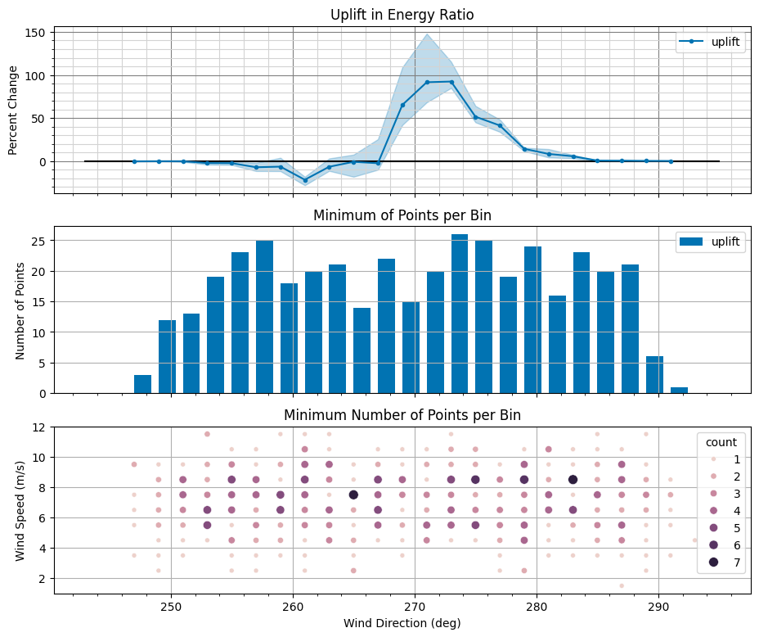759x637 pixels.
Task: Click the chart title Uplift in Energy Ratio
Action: coord(402,15)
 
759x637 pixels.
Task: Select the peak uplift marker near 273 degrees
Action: coord(451,82)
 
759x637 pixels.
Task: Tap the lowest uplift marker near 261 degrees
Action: coord(305,180)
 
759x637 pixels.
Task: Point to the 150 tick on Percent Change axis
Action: coord(38,33)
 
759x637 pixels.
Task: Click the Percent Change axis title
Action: coord(13,111)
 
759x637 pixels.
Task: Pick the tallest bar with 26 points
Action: coord(460,314)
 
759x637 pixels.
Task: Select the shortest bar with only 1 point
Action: coord(679,390)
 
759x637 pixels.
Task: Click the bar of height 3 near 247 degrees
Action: coord(142,384)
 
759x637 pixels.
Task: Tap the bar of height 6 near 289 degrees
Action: coord(654,375)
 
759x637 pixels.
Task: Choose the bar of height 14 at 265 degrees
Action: coord(362,350)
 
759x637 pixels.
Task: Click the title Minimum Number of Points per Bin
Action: coord(402,415)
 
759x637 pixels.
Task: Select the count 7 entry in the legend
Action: coord(725,562)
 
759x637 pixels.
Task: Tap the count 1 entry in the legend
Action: coord(725,459)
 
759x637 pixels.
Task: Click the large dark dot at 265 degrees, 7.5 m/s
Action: coord(353,495)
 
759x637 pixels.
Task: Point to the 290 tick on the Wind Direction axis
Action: coord(658,607)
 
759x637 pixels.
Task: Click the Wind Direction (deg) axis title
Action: coord(402,623)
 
